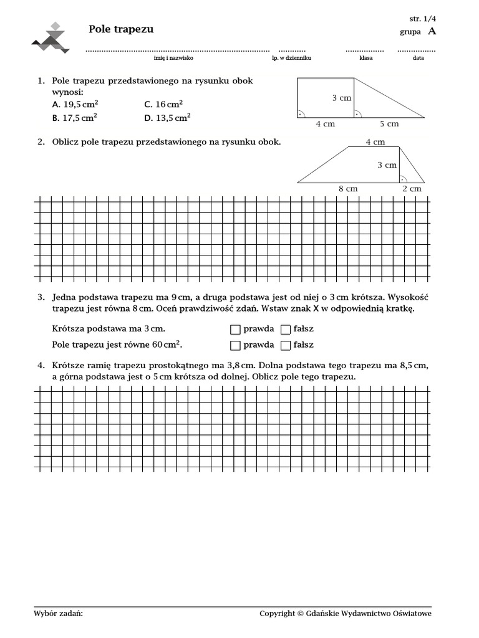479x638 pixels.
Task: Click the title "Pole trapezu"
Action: pyautogui.click(x=121, y=29)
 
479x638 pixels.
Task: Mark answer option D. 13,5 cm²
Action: pyautogui.click(x=167, y=117)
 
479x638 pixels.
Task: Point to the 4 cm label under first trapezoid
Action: pyautogui.click(x=325, y=124)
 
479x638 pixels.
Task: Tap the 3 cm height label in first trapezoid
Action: pyautogui.click(x=341, y=98)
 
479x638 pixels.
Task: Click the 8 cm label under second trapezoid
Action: pyautogui.click(x=347, y=189)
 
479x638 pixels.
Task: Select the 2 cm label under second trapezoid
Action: pyautogui.click(x=412, y=189)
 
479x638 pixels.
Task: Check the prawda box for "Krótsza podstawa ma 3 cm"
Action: pyautogui.click(x=235, y=329)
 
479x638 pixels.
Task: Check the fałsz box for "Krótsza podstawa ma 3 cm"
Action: pyautogui.click(x=286, y=329)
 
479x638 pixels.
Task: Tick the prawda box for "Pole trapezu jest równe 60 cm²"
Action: pyautogui.click(x=235, y=345)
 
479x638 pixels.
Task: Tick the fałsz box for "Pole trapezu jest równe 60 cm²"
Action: pyautogui.click(x=286, y=345)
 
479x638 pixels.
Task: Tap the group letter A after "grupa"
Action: pyautogui.click(x=432, y=32)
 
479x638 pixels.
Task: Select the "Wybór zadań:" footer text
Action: pyautogui.click(x=58, y=614)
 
